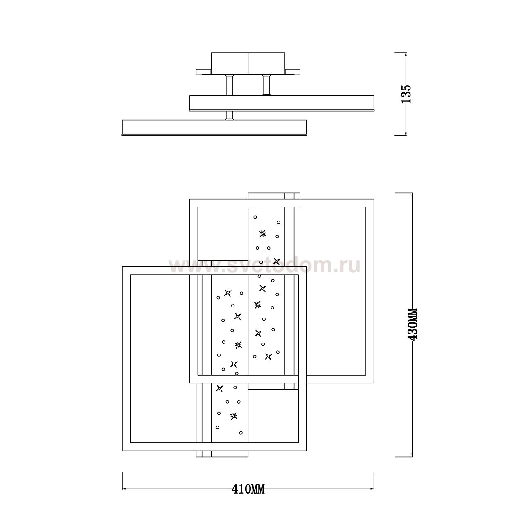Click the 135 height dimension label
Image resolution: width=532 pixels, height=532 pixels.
pos(406,94)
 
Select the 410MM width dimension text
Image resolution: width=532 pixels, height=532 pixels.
pos(248,489)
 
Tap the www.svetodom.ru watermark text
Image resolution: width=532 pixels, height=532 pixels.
pos(264,265)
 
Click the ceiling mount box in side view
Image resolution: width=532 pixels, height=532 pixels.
pos(248,63)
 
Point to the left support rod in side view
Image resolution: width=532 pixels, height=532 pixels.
pos(230,85)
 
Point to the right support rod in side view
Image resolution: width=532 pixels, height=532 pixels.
pos(266,85)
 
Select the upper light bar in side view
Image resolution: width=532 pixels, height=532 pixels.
pos(282,103)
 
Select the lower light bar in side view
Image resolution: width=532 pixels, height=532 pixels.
pos(214,128)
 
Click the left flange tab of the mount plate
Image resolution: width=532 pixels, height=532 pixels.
pos(203,72)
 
